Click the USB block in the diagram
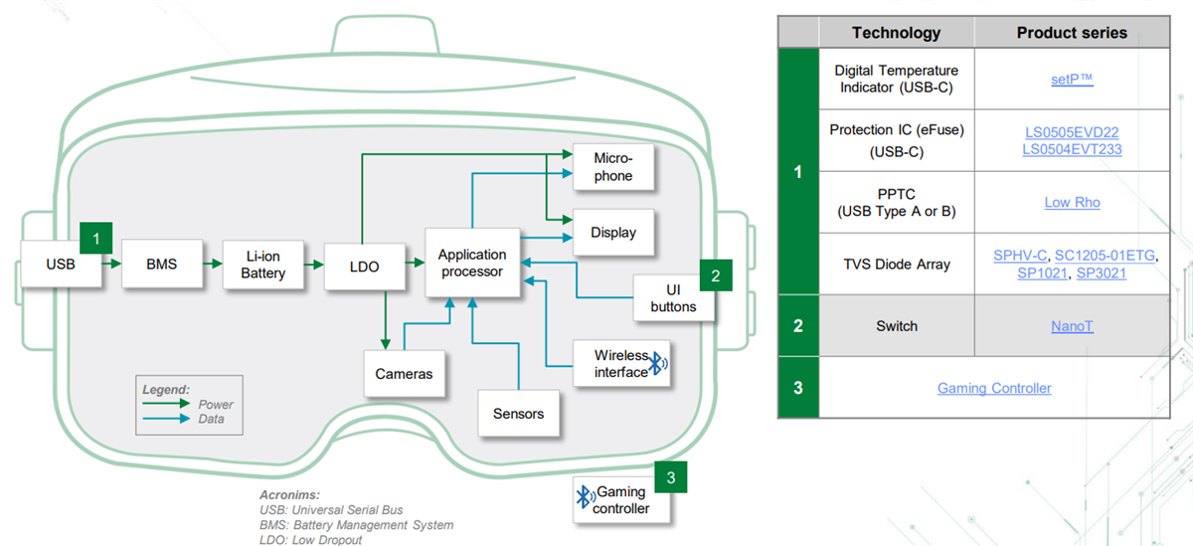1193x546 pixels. point(60,264)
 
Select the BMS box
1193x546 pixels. point(160,264)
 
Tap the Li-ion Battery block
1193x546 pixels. point(262,265)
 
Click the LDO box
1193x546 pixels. point(365,265)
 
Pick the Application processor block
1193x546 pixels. point(472,263)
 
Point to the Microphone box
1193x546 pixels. point(612,167)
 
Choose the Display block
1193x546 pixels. point(612,233)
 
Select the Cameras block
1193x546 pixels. point(404,374)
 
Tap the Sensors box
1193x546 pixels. point(518,413)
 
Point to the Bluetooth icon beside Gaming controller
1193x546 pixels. point(584,500)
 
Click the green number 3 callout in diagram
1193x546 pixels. point(671,478)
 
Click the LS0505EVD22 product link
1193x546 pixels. point(1072,131)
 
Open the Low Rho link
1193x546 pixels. point(1072,202)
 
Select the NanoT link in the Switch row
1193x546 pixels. point(1072,326)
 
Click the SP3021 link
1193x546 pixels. point(1101,273)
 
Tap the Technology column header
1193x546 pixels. point(896,33)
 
